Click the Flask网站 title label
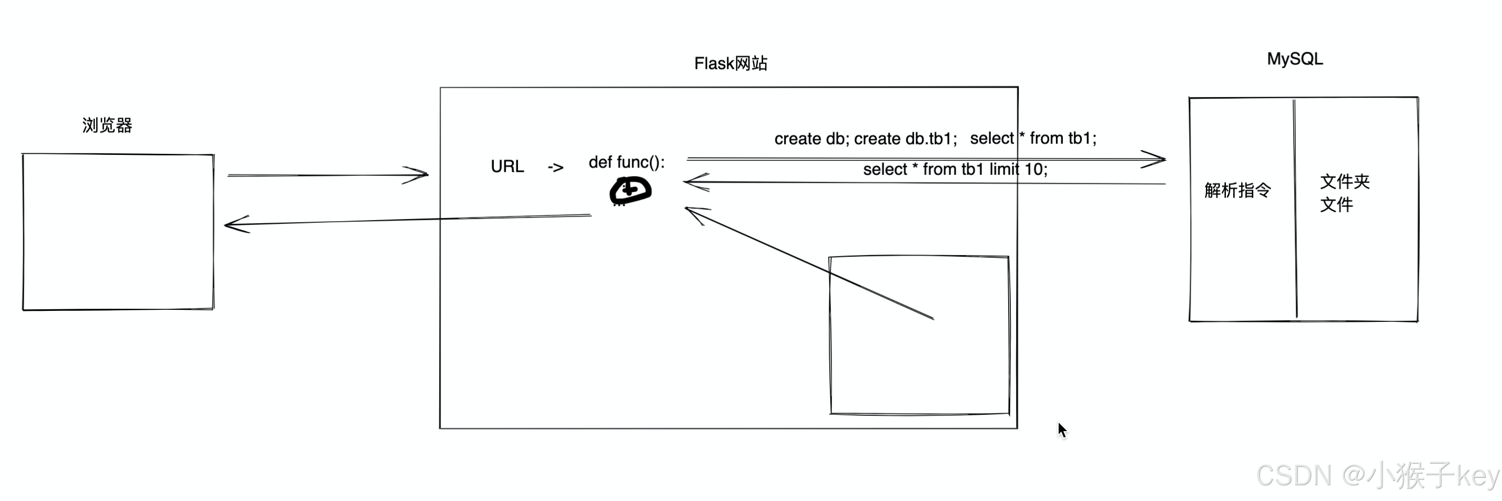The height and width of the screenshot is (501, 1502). [x=730, y=63]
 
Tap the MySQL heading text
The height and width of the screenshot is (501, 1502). [x=1294, y=59]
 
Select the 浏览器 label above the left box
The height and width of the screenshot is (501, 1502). [x=107, y=125]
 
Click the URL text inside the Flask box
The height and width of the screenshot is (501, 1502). [x=508, y=166]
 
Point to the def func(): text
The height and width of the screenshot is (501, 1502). [x=626, y=162]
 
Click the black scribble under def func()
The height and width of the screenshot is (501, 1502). [x=630, y=191]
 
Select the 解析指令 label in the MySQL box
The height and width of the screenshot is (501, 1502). [x=1237, y=190]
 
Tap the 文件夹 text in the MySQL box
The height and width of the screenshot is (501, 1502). [x=1345, y=181]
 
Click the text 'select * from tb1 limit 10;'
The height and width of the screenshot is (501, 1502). [x=955, y=170]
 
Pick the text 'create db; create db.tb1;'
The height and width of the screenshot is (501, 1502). [x=865, y=139]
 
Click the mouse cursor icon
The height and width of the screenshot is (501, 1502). [x=1062, y=431]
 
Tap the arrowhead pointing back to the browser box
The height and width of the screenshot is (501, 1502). [x=233, y=224]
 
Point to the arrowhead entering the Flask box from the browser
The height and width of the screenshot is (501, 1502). [x=420, y=174]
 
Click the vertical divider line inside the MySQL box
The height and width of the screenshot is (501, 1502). [x=1295, y=210]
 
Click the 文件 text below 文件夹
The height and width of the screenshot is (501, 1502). [x=1336, y=204]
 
